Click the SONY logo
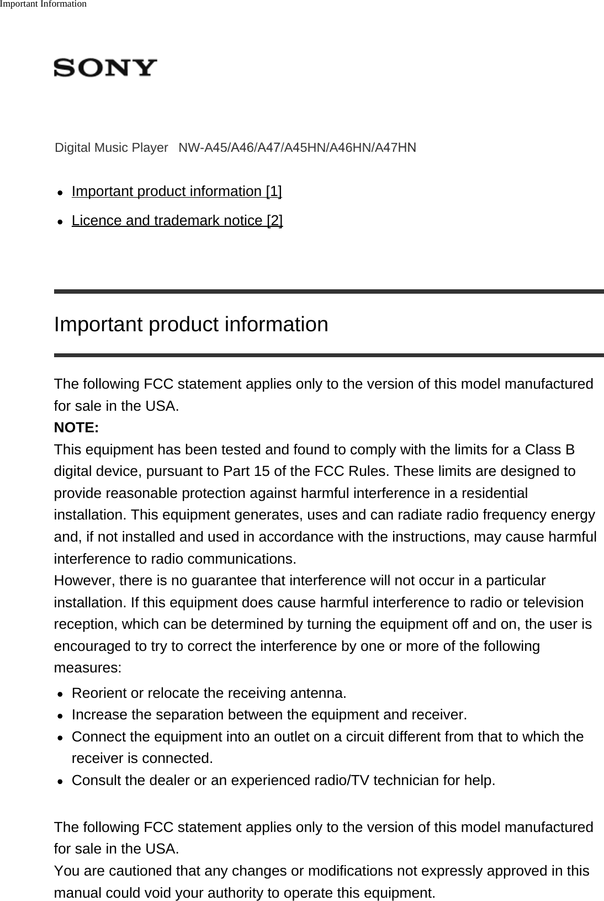[105, 68]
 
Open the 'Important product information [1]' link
[177, 192]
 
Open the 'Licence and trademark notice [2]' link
[177, 221]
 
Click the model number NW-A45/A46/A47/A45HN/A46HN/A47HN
[298, 148]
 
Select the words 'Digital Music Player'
[111, 148]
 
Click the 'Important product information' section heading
[191, 324]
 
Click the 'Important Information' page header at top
[43, 4]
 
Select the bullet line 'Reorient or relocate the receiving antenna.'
[209, 693]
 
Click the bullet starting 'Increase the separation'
[269, 715]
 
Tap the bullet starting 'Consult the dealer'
[283, 781]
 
